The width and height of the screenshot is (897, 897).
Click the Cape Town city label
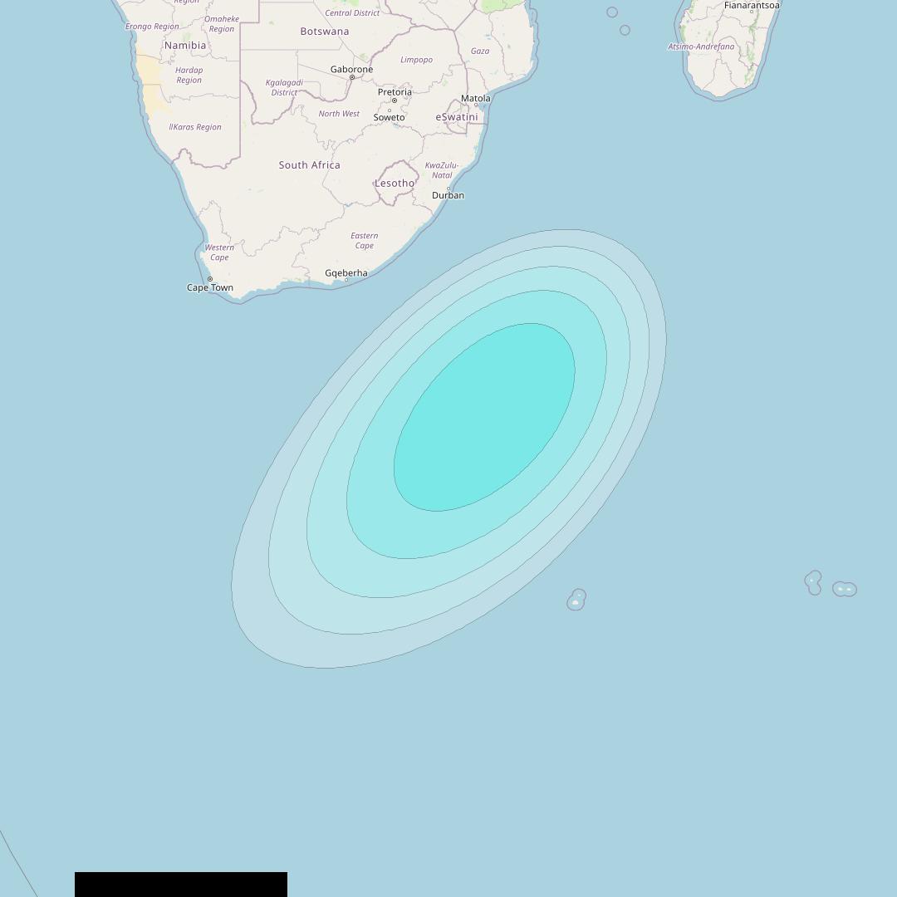210,288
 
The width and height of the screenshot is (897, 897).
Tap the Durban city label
448,196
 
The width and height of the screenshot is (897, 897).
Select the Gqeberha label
346,273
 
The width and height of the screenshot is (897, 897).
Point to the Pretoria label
395,92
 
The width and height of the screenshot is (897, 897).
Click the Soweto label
389,118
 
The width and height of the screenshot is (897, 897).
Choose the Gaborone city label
351,70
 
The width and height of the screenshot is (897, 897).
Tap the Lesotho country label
395,184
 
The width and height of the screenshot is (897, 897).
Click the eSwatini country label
457,117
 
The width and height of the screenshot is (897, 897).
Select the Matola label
476,98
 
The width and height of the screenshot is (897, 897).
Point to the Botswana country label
325,32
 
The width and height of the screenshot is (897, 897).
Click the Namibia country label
185,46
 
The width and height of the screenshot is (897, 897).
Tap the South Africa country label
309,165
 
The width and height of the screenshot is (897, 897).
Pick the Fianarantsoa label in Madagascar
752,6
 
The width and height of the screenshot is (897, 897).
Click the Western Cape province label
219,252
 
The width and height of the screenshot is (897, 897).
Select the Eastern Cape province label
364,241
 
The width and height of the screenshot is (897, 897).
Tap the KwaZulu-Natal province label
442,170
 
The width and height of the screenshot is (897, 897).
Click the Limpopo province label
416,60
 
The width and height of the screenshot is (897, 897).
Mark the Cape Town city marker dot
210,279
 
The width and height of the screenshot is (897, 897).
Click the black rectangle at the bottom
181,885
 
